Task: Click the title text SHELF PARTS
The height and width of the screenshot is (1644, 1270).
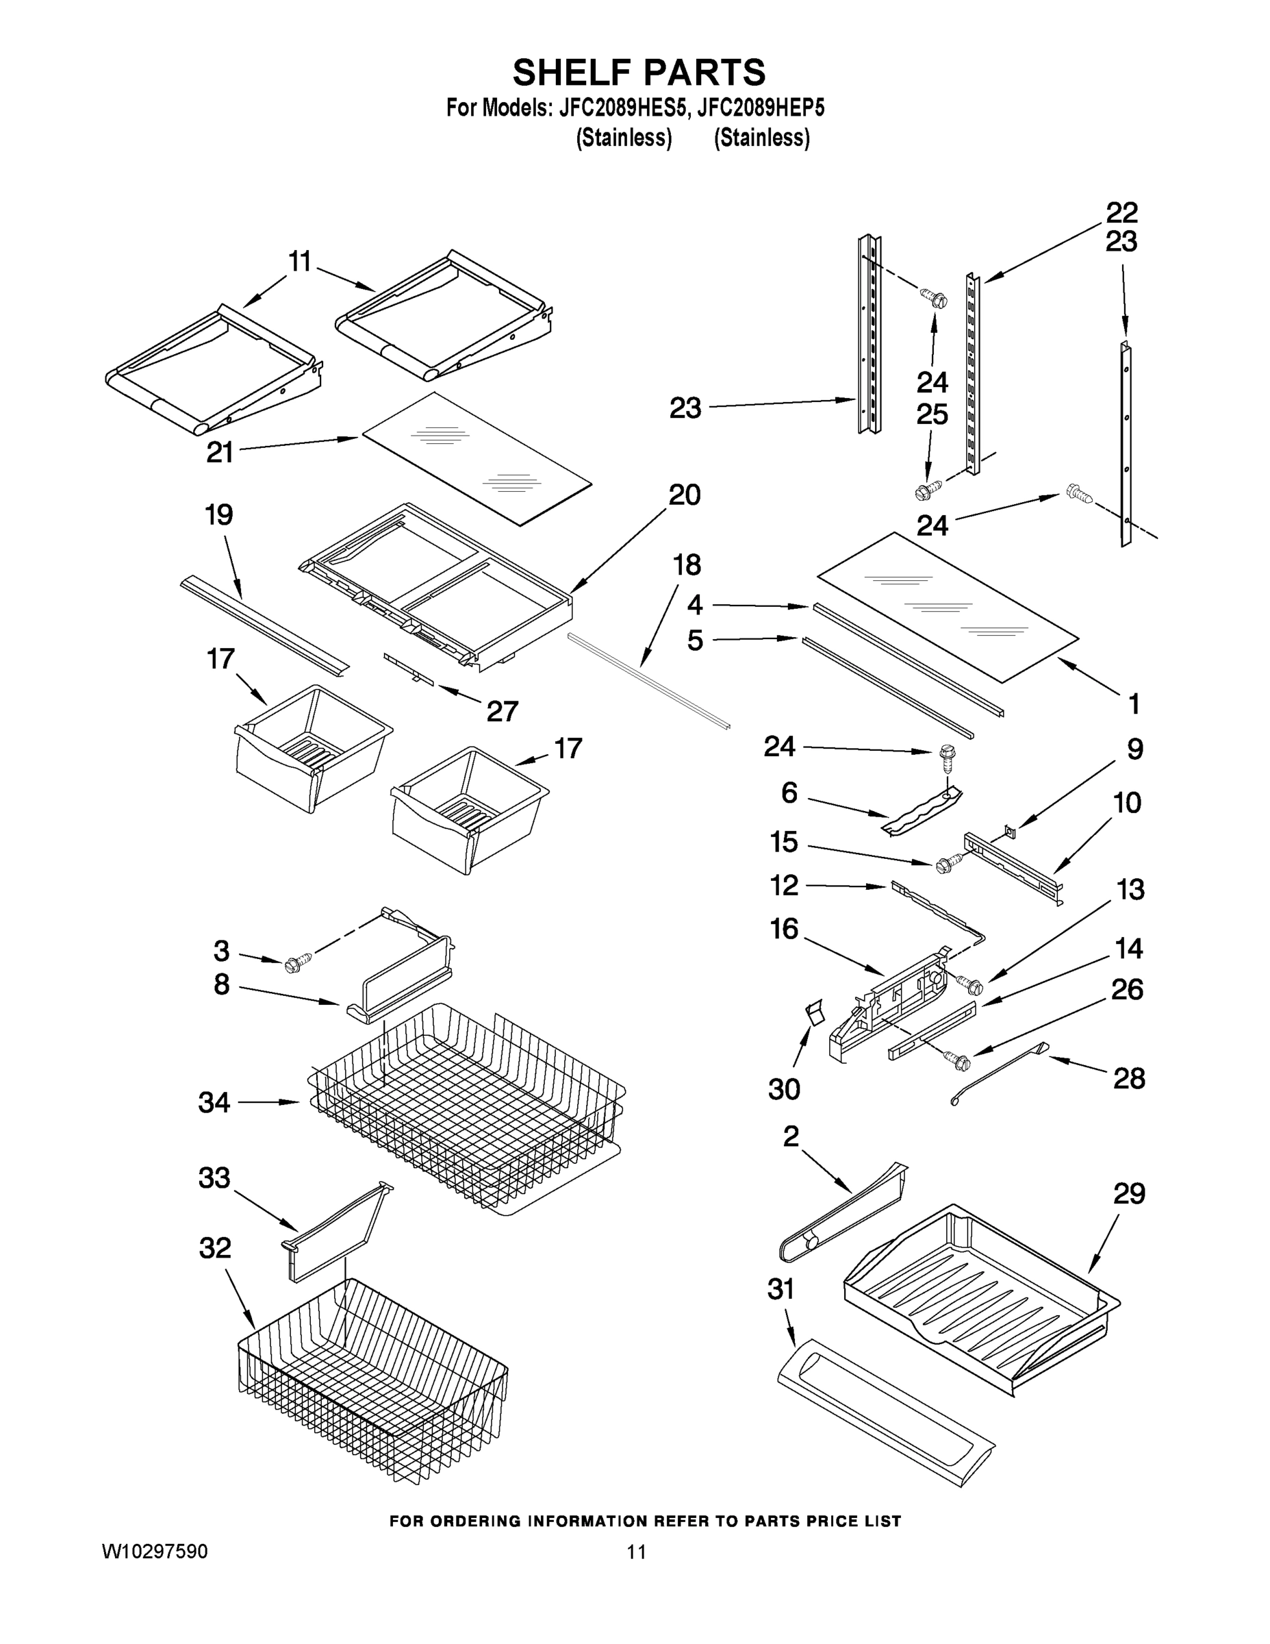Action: (x=639, y=73)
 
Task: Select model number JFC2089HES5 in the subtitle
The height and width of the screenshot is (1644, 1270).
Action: (x=623, y=108)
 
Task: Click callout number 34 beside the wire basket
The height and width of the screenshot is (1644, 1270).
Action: (x=214, y=1103)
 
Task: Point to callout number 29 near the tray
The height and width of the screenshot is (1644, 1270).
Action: (x=1128, y=1194)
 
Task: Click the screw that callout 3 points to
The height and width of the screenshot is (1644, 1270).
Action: (x=294, y=964)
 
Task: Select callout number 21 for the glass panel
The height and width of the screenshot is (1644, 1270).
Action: (x=220, y=452)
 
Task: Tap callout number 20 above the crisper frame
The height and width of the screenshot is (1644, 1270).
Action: (x=684, y=495)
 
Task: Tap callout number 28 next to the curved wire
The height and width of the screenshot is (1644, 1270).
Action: (x=1128, y=1079)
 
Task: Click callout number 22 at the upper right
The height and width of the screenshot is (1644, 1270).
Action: (x=1121, y=213)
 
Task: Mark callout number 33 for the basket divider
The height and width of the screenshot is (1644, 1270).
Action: (x=214, y=1178)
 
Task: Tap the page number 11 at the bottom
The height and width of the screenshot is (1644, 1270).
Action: (x=637, y=1552)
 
